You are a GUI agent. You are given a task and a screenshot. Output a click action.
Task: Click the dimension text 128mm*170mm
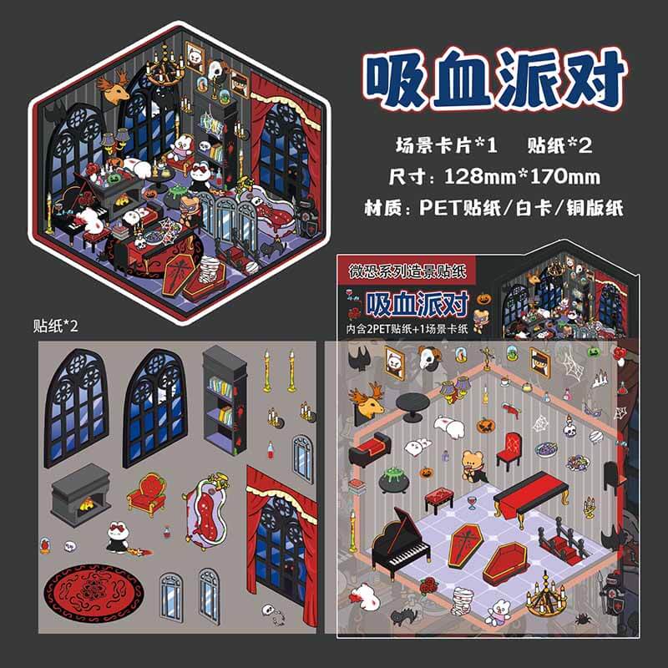(523, 176)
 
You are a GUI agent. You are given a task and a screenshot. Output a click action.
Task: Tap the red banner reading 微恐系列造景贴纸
(407, 271)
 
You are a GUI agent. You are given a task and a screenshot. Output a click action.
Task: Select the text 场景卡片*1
(447, 145)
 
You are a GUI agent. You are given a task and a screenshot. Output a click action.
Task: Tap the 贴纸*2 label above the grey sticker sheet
(56, 326)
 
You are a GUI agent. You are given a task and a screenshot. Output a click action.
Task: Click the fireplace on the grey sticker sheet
(80, 494)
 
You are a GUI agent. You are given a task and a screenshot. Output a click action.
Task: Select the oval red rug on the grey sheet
(94, 594)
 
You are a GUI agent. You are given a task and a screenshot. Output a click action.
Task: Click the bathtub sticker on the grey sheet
(206, 510)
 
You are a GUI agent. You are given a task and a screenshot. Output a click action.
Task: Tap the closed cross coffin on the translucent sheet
(464, 544)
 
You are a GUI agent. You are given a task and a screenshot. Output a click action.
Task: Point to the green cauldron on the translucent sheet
(393, 479)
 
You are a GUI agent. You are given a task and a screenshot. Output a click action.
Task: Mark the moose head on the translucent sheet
(367, 400)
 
